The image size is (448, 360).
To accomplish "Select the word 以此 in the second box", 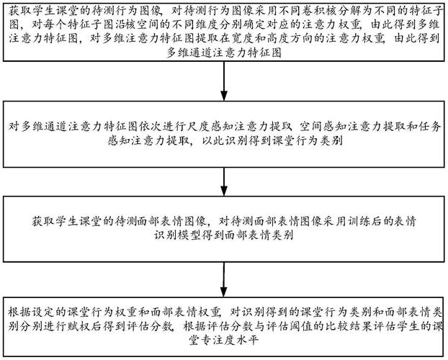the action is pyautogui.click(x=213, y=140).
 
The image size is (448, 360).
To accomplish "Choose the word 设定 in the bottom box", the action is pyautogui.click(x=43, y=312).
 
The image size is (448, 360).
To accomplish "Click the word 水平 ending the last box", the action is pyautogui.click(x=247, y=340).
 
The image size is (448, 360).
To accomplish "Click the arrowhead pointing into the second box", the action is pyautogui.click(x=224, y=96).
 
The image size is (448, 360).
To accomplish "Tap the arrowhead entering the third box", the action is pyautogui.click(x=224, y=191).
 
